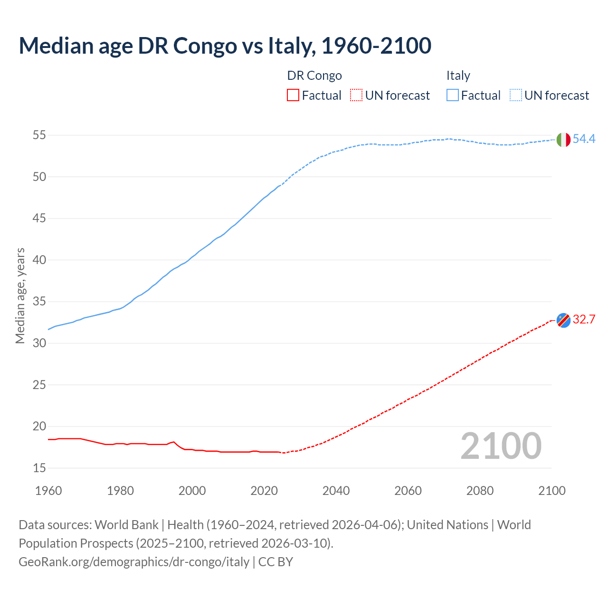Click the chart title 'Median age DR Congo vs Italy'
tap(225, 46)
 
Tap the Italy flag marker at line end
tap(563, 140)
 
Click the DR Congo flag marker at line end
tap(563, 321)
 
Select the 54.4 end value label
tap(584, 139)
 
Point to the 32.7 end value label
tap(584, 320)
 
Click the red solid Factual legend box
tap(293, 95)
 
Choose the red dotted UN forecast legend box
tap(356, 95)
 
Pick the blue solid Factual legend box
tap(453, 95)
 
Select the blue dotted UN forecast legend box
tap(516, 95)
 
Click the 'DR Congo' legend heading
tap(314, 76)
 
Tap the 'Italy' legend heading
tap(458, 76)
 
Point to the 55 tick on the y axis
tap(39, 135)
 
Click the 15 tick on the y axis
tap(39, 468)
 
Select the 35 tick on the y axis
tap(39, 302)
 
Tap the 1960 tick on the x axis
tap(48, 491)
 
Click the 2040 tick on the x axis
tap(336, 491)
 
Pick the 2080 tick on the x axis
tap(480, 491)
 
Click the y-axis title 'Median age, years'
tap(20, 295)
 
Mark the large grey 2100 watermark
tap(501, 446)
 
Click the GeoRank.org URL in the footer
tap(134, 562)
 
